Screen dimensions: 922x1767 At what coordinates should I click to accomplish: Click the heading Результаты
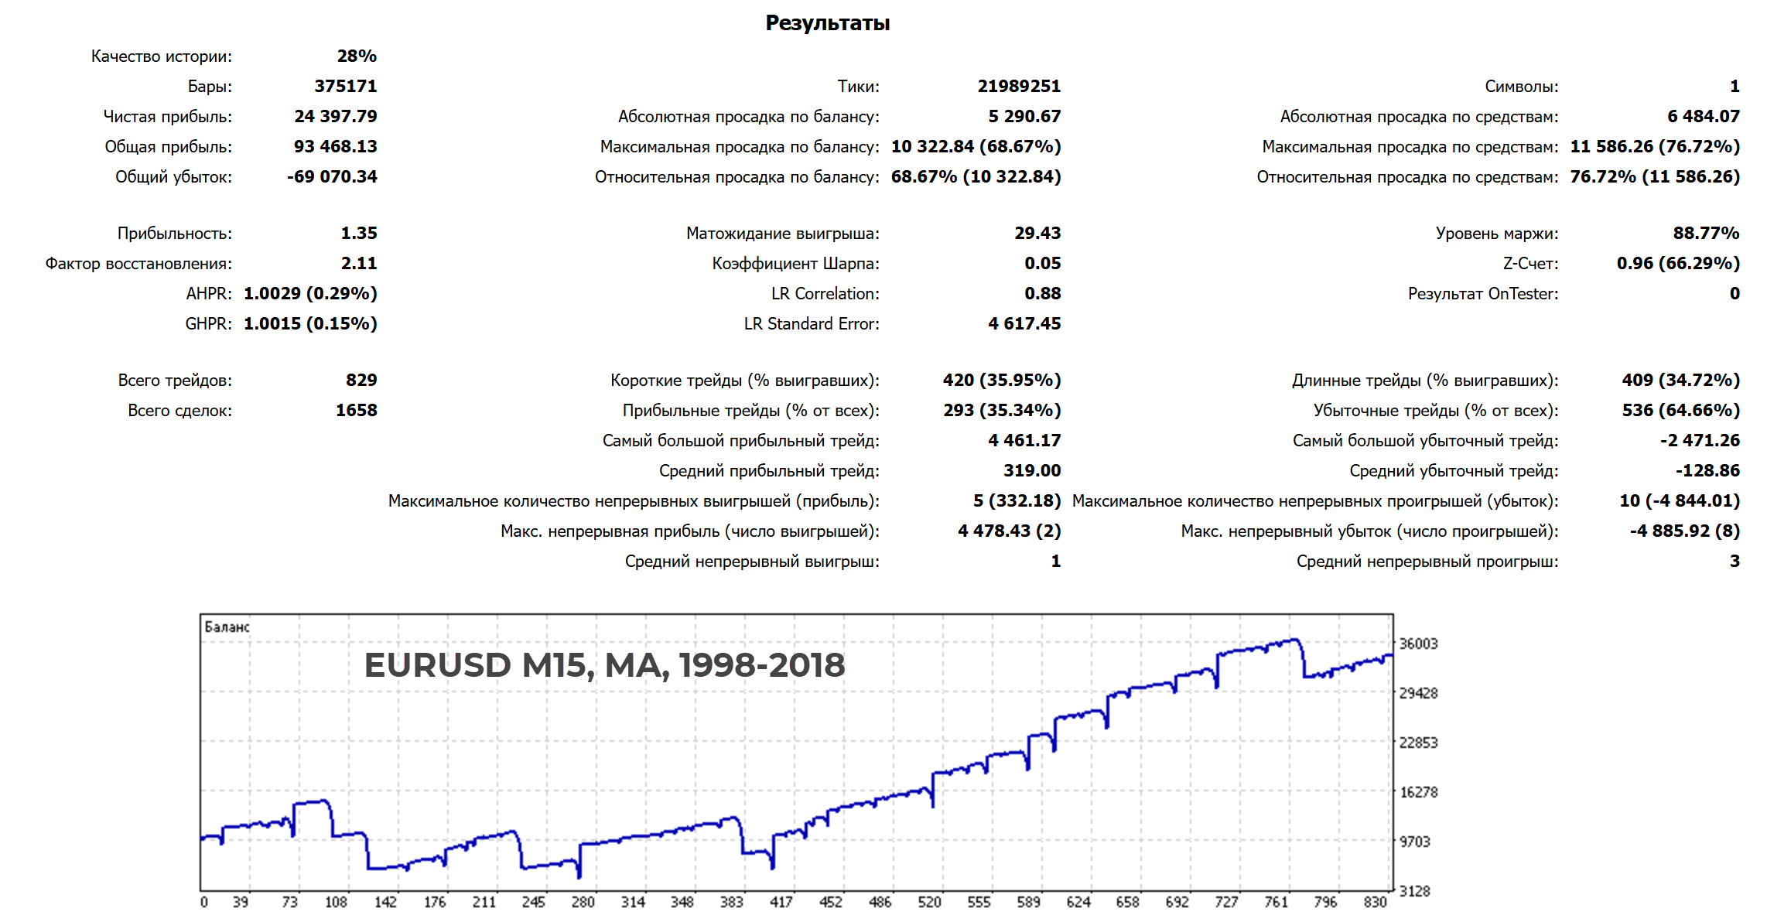pyautogui.click(x=827, y=23)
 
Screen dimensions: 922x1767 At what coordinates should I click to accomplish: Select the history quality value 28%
pyautogui.click(x=357, y=56)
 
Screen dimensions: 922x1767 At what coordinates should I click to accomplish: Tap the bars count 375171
pyautogui.click(x=345, y=87)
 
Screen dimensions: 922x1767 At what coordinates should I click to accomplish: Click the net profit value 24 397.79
pyautogui.click(x=335, y=117)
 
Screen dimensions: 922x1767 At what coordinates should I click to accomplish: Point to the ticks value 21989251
pyautogui.click(x=1018, y=87)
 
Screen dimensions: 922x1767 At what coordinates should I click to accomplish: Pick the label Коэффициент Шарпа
pyautogui.click(x=795, y=264)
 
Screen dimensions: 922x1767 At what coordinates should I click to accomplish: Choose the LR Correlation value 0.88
pyautogui.click(x=1042, y=294)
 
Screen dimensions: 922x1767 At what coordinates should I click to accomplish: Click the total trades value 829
pyautogui.click(x=361, y=381)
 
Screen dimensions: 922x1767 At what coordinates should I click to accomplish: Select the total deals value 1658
pyautogui.click(x=356, y=411)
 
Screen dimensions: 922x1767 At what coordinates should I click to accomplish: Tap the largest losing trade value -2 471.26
pyautogui.click(x=1699, y=441)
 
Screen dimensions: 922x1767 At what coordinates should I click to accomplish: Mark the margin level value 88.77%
pyautogui.click(x=1706, y=234)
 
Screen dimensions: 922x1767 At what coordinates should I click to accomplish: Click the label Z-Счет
pyautogui.click(x=1530, y=264)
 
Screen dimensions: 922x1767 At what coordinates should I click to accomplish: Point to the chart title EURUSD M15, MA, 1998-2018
pyautogui.click(x=604, y=665)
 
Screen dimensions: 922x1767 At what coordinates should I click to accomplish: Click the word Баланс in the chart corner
pyautogui.click(x=227, y=627)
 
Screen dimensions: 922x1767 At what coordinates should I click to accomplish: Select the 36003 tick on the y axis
pyautogui.click(x=1418, y=644)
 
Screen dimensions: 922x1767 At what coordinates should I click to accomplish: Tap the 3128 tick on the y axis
pyautogui.click(x=1414, y=892)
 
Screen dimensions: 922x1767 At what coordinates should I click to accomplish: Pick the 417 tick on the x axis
pyautogui.click(x=781, y=903)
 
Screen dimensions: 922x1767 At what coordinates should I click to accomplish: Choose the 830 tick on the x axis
pyautogui.click(x=1375, y=903)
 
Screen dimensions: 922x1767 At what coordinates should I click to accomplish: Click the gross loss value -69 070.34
pyautogui.click(x=332, y=177)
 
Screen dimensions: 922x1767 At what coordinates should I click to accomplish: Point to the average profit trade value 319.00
pyautogui.click(x=1032, y=471)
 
